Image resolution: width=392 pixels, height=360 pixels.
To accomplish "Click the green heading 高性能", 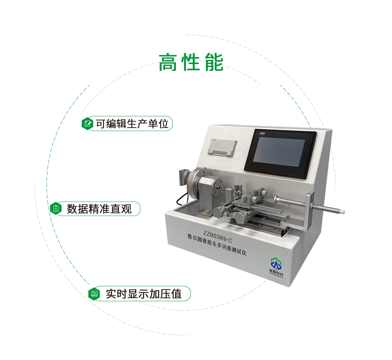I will coord(191,63).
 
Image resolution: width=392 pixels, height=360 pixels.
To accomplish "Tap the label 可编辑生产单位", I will coord(132,124).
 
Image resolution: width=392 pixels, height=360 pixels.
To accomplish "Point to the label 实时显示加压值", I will coord(144,294).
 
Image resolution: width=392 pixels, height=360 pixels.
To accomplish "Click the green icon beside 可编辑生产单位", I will coord(87,124).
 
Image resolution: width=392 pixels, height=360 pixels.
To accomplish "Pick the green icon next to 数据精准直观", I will coord(56,208).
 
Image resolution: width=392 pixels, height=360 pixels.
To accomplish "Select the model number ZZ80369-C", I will coord(217,237).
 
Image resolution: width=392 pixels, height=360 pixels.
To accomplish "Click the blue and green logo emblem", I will coord(276,264).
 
